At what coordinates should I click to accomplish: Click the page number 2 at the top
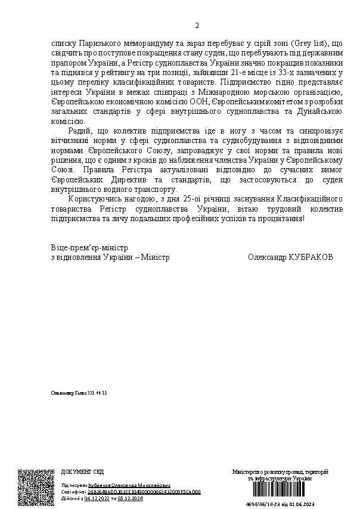point(197,26)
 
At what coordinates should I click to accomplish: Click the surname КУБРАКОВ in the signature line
point(310,257)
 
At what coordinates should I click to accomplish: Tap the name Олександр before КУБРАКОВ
point(266,257)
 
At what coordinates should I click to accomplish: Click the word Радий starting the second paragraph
point(79,130)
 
